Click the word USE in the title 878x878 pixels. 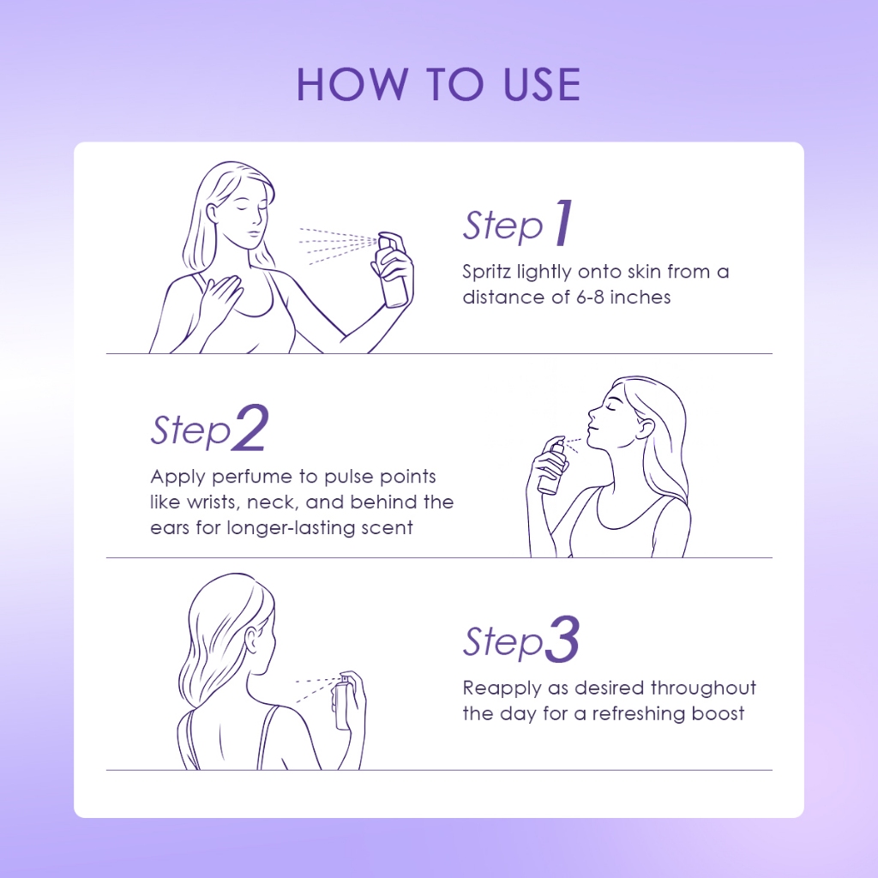click(542, 85)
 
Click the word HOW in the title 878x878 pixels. click(352, 85)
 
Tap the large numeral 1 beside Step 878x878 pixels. click(564, 223)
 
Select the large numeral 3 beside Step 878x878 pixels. click(562, 639)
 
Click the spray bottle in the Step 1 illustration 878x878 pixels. click(393, 270)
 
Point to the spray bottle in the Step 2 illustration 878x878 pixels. click(552, 466)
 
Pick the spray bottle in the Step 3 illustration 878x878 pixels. click(343, 702)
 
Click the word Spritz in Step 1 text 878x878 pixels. click(486, 272)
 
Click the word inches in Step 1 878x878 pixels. click(640, 297)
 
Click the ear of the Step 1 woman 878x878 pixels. click(213, 213)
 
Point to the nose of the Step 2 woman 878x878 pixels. click(592, 415)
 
